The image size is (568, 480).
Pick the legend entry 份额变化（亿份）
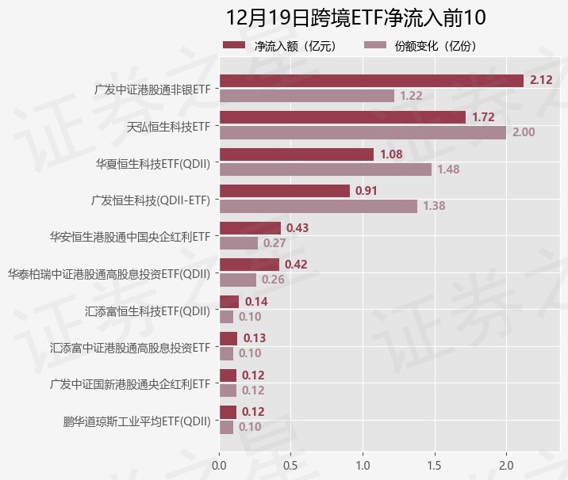(x=420, y=46)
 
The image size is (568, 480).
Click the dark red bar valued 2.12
(x=371, y=81)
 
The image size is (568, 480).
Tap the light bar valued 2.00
(x=363, y=132)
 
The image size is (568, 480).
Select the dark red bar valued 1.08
(x=296, y=154)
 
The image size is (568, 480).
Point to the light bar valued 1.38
(x=318, y=206)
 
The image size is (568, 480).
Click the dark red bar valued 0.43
(x=250, y=228)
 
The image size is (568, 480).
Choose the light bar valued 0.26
(x=237, y=280)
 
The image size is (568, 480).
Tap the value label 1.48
(x=448, y=170)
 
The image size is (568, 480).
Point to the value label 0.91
(x=367, y=191)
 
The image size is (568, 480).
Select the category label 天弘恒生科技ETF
(x=169, y=126)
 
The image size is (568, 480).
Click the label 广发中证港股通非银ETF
(x=152, y=89)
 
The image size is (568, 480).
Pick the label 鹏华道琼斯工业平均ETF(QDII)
(x=137, y=421)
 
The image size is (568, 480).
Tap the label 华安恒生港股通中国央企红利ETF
(x=130, y=236)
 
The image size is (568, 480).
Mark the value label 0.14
(x=256, y=302)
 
